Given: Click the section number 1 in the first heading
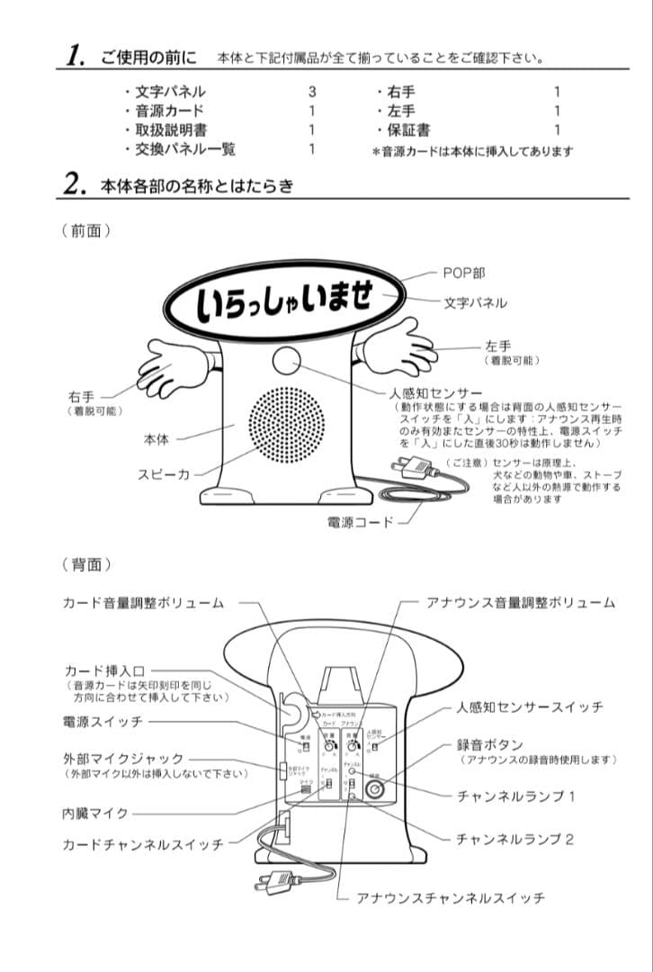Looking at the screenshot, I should [x=76, y=55].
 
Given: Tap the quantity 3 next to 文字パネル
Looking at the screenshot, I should [x=312, y=92].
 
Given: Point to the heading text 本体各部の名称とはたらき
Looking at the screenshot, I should [x=196, y=186].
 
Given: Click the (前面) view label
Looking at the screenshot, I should [x=86, y=231].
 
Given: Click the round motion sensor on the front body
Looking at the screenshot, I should [x=285, y=362].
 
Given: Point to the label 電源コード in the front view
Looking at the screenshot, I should [x=359, y=521].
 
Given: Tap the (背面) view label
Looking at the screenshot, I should [x=86, y=564].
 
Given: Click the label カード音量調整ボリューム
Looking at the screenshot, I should [x=143, y=602].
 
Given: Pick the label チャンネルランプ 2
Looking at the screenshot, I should [x=514, y=839].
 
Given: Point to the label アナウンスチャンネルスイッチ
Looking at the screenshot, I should [x=450, y=897].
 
